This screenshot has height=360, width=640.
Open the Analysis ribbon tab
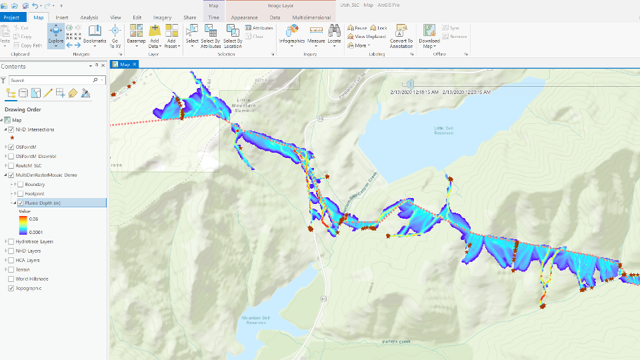[x=89, y=17]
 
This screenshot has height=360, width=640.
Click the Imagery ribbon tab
[x=162, y=17]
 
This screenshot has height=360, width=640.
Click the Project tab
[x=12, y=17]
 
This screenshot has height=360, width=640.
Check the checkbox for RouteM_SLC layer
[x=11, y=165]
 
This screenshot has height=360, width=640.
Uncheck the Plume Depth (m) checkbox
[x=21, y=203]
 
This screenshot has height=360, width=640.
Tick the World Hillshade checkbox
[x=11, y=279]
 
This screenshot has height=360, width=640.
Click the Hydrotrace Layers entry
[x=35, y=241]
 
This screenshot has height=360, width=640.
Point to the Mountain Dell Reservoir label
[x=255, y=319]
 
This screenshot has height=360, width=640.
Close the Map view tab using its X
[x=134, y=65]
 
